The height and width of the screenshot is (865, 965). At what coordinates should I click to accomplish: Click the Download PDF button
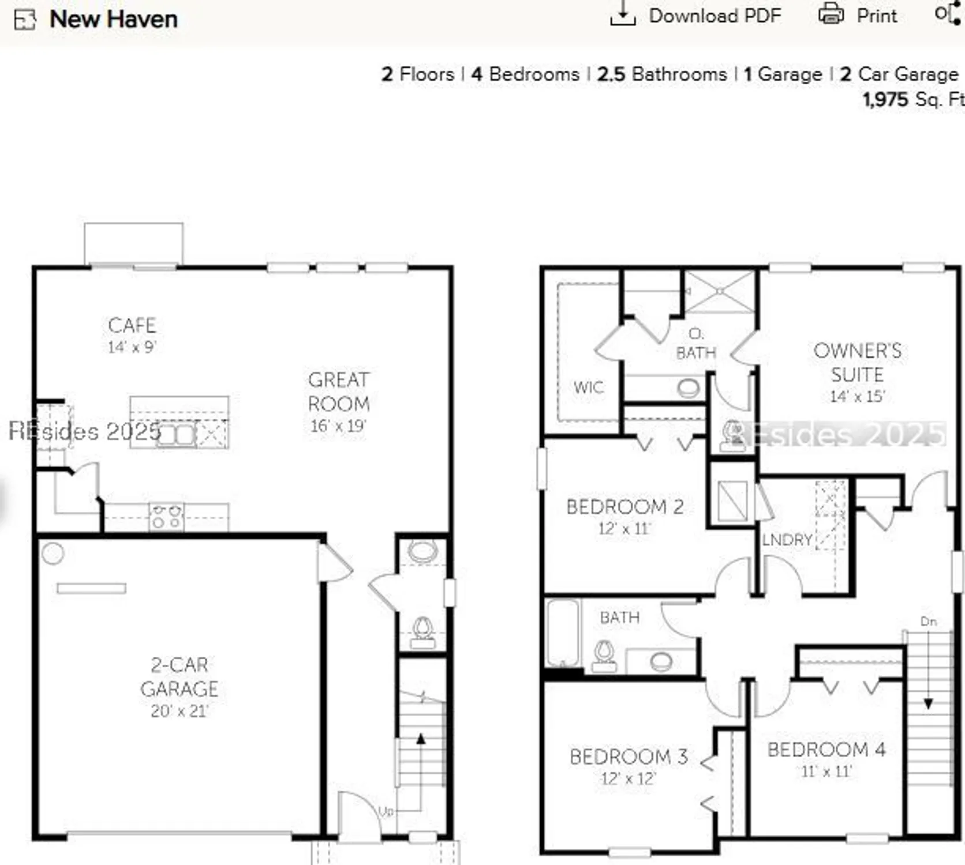click(x=696, y=16)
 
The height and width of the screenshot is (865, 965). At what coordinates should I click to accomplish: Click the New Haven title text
click(x=113, y=19)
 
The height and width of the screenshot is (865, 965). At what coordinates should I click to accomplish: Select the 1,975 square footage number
click(x=885, y=99)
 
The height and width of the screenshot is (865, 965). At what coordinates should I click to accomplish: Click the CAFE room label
click(x=132, y=325)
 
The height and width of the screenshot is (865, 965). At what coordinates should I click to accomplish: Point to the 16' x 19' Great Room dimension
click(x=338, y=426)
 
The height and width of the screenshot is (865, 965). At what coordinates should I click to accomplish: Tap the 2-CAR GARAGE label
click(x=179, y=677)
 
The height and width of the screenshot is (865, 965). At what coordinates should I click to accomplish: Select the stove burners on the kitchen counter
click(x=167, y=517)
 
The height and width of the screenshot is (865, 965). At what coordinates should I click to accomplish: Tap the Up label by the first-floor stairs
click(x=386, y=811)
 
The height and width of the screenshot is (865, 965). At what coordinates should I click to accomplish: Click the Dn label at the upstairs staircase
click(x=928, y=622)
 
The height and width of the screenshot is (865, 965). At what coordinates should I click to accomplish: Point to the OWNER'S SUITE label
click(x=857, y=362)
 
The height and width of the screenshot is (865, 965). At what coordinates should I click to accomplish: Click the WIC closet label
click(x=588, y=388)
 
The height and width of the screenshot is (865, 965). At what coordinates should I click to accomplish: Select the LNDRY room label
click(x=787, y=540)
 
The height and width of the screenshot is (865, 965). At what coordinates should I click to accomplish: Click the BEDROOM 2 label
click(x=624, y=507)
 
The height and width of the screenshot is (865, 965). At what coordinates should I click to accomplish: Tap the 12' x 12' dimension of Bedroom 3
click(x=628, y=779)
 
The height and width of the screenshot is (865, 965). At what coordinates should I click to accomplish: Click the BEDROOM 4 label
click(x=826, y=750)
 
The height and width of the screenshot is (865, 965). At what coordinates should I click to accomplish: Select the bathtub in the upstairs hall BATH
click(x=562, y=633)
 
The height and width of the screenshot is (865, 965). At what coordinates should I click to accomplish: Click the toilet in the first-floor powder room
click(x=423, y=630)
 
